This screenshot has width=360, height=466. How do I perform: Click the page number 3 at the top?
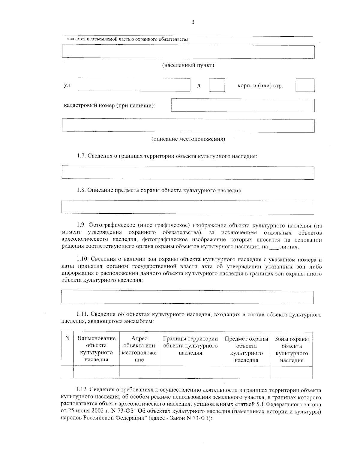[x=193, y=22]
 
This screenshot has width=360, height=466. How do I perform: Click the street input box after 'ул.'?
[x=134, y=85]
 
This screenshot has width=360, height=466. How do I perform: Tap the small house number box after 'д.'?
[x=217, y=85]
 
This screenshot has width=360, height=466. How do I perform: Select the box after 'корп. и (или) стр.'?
[x=305, y=85]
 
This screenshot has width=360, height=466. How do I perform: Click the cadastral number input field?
[x=242, y=106]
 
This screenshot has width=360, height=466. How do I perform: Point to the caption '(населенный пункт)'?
[x=188, y=65]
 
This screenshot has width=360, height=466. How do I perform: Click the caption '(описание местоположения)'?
[x=188, y=139]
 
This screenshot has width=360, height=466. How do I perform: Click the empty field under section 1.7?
[x=187, y=173]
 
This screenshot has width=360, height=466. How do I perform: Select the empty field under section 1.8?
[x=187, y=207]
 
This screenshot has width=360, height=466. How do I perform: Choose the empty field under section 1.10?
[x=187, y=297]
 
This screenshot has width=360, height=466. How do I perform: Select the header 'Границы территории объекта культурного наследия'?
[x=190, y=346]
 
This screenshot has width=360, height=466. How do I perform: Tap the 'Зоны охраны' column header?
[x=292, y=339]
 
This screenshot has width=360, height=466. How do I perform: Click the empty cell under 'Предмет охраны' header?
[x=246, y=372]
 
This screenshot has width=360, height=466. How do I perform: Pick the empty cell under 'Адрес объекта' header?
[x=139, y=372]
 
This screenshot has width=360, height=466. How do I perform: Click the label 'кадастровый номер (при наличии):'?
[x=110, y=106]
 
